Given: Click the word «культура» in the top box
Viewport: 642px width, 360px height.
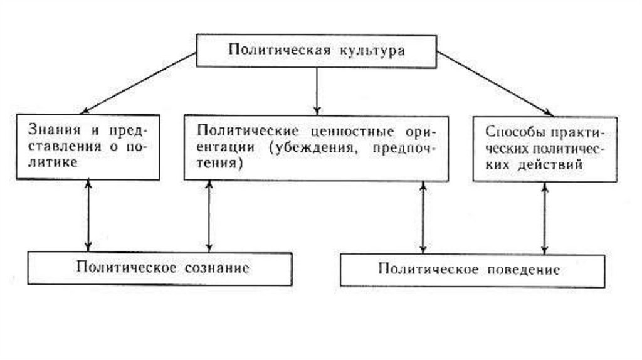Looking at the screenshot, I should click(369, 50).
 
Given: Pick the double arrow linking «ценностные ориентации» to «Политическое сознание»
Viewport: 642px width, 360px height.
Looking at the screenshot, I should click(209, 216).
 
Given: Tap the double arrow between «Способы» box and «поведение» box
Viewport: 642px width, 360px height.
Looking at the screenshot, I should click(544, 218).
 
